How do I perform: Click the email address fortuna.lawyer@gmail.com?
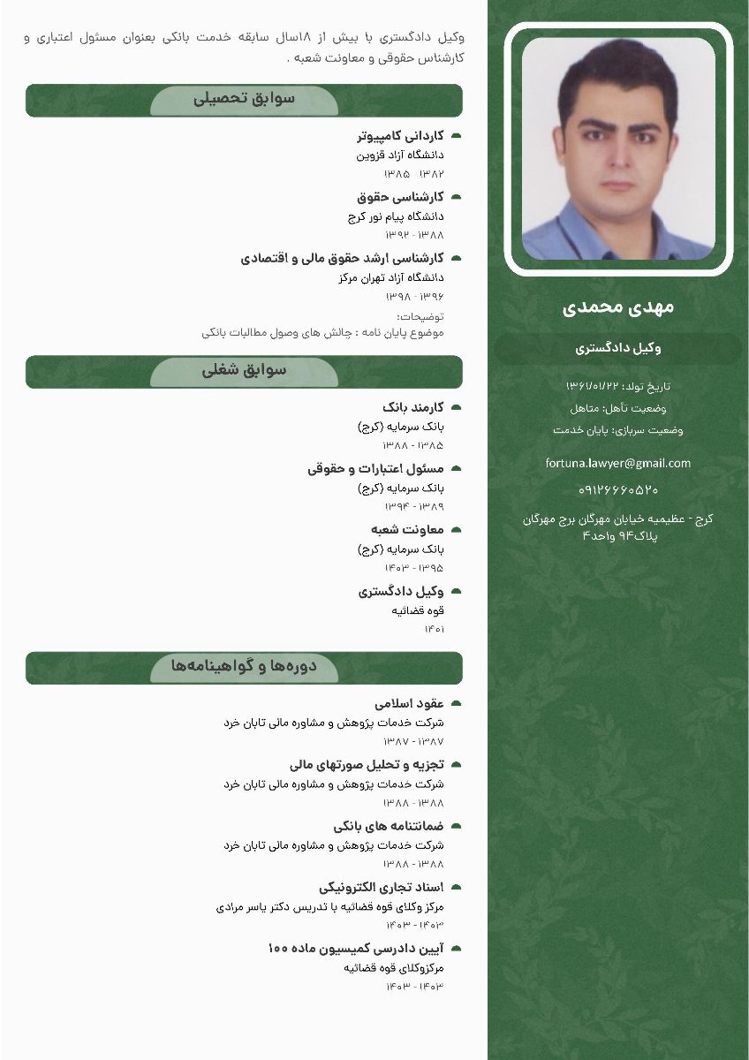(x=618, y=463)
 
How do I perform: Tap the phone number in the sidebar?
(x=618, y=489)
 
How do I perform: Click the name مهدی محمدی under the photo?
(x=618, y=307)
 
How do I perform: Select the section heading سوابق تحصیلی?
(x=244, y=99)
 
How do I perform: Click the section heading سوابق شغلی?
(x=244, y=371)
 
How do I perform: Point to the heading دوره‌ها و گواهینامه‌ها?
(x=244, y=666)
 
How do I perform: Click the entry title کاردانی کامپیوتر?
(x=400, y=136)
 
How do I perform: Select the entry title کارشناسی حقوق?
(x=400, y=197)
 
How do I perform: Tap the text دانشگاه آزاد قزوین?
(x=399, y=155)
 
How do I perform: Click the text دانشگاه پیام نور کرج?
(x=396, y=216)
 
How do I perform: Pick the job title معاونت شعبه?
(x=407, y=529)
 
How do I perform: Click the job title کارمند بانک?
(x=412, y=407)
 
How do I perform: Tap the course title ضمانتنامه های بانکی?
(x=388, y=826)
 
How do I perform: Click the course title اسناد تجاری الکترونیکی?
(x=381, y=887)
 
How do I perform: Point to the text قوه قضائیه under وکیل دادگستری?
(x=418, y=610)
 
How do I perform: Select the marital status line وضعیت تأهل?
(x=618, y=408)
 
